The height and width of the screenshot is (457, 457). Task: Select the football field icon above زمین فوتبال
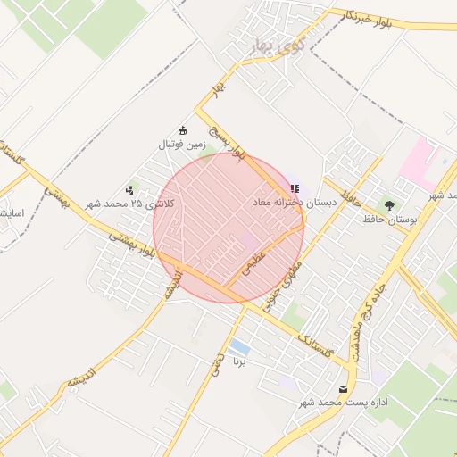tap(183, 130)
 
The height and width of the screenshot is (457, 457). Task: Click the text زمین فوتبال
tap(182, 144)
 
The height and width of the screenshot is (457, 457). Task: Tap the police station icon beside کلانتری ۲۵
tap(130, 189)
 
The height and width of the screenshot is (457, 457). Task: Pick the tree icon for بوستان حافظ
tap(387, 205)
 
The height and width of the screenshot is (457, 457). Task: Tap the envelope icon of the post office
tap(344, 388)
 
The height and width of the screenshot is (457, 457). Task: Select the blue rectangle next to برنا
tap(239, 345)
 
